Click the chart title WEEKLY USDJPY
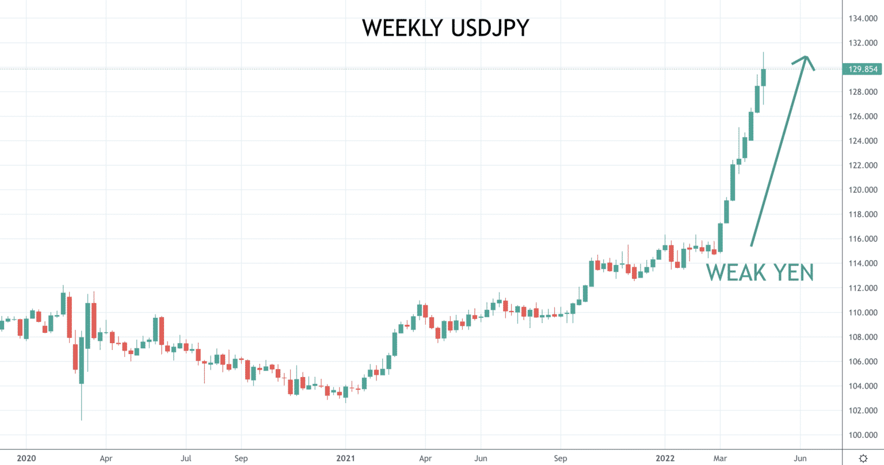pos(445,28)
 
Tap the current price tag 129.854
pos(863,69)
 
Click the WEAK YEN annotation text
pos(760,272)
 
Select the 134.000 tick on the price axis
pos(863,18)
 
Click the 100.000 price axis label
pos(863,435)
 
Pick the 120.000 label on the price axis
pos(863,190)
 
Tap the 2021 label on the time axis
pos(345,458)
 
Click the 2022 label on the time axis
pos(665,458)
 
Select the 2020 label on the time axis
pos(26,458)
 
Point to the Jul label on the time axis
pos(186,458)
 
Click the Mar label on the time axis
pos(720,458)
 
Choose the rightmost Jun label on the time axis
pos(800,458)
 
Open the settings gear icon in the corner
pos(863,458)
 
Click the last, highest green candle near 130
pos(764,78)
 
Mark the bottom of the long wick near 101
pos(82,420)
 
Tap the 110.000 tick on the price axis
pos(863,313)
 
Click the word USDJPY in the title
pos(490,28)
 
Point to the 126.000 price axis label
pos(863,116)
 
